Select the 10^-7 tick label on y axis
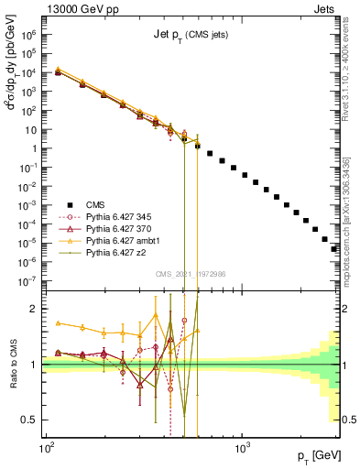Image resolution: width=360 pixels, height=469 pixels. (x=30, y=280)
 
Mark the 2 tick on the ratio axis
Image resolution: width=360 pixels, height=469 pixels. (x=35, y=309)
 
